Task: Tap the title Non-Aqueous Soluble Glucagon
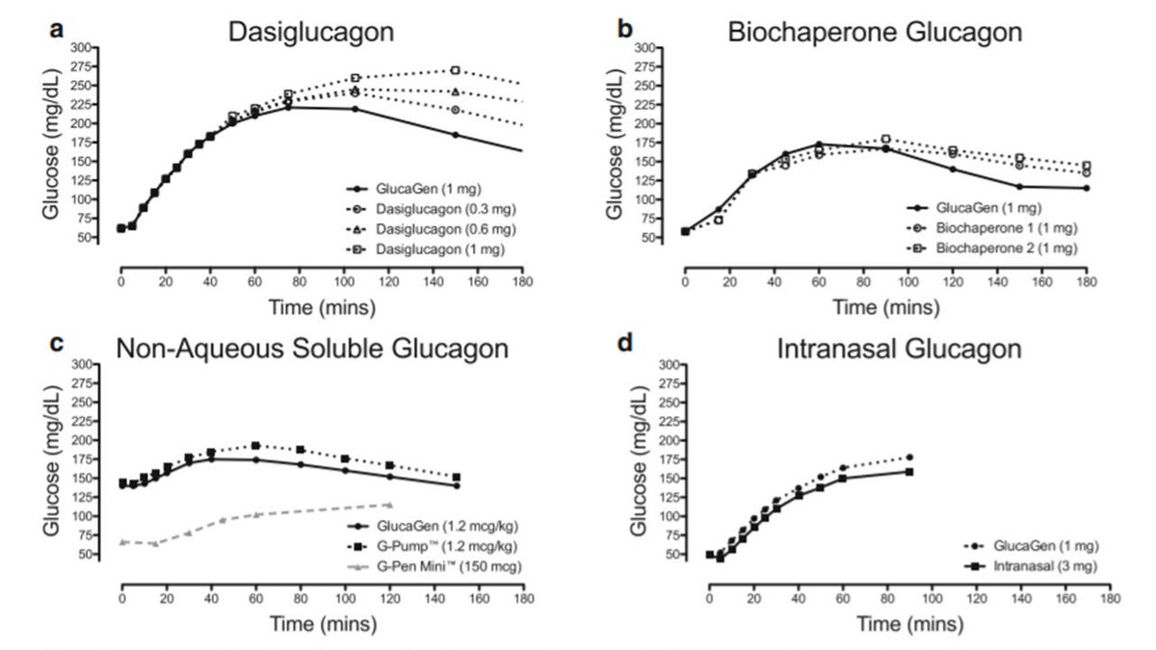(312, 349)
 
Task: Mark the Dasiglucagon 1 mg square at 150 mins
(456, 70)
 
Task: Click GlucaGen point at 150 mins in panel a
(456, 135)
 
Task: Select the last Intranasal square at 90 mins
(909, 471)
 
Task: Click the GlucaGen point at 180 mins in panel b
(1086, 188)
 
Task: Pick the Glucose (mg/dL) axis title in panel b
(638, 144)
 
